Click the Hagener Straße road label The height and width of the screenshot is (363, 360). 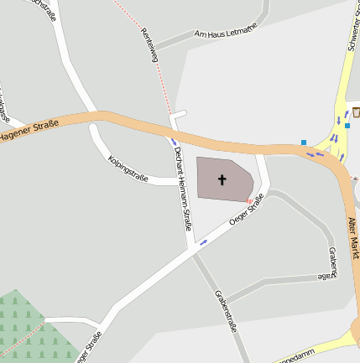(x=29, y=131)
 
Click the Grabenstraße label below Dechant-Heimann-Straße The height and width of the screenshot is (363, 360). (x=227, y=311)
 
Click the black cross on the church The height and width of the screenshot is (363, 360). (x=222, y=179)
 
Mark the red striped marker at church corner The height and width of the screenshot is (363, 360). (x=249, y=200)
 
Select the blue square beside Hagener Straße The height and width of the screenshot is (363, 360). (x=304, y=143)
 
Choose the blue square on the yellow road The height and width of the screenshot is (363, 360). (x=347, y=126)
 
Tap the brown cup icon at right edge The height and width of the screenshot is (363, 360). (x=356, y=111)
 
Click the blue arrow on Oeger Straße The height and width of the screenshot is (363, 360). (x=203, y=242)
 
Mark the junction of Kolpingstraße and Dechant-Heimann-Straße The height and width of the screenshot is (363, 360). (x=180, y=181)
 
